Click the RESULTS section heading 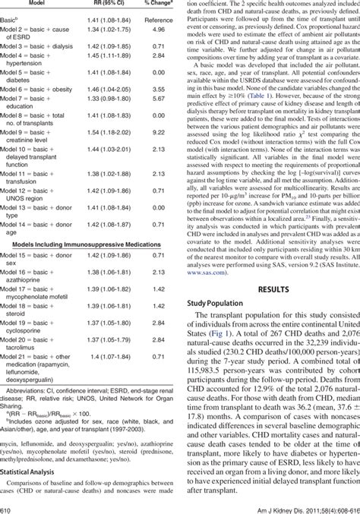click(x=273, y=268)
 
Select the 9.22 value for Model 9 click(x=159, y=132)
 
